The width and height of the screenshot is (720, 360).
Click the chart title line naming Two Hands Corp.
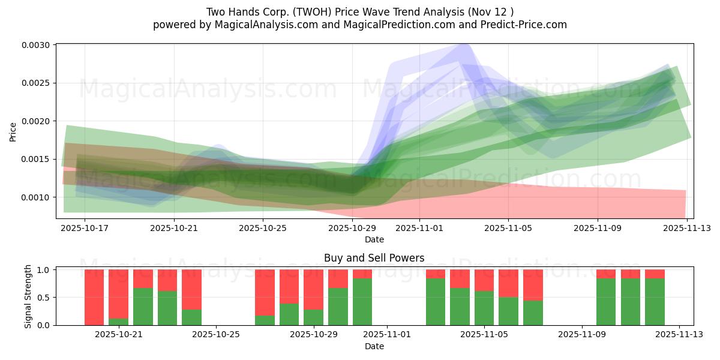point(360,11)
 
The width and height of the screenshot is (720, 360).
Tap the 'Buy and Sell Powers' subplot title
point(374,258)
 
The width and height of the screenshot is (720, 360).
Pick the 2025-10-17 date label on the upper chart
point(85,228)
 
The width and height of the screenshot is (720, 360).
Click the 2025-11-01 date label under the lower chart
point(386,334)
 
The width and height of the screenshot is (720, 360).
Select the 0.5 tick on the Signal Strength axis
point(45,298)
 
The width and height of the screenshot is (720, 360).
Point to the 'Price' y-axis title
point(13,131)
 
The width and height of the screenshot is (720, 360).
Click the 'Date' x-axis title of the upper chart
point(374,239)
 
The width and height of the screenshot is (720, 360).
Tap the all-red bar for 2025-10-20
point(94,297)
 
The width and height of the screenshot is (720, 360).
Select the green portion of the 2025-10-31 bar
point(362,302)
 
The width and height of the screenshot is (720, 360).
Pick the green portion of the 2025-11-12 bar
point(655,302)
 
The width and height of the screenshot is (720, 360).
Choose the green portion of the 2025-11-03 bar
point(436,302)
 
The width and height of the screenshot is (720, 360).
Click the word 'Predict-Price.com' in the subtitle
point(526,25)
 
